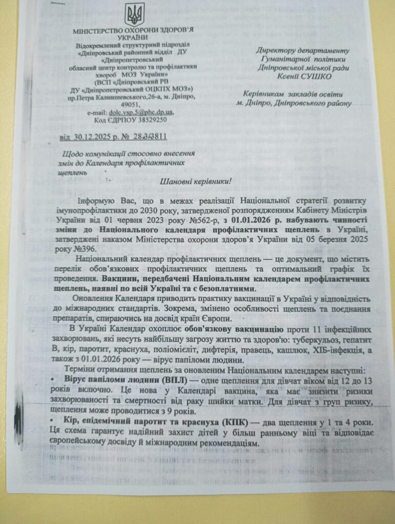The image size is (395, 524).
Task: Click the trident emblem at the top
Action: tap(135, 14)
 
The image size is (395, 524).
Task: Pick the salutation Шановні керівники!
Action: tap(196, 182)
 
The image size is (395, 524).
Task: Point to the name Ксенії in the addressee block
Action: tap(281, 77)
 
